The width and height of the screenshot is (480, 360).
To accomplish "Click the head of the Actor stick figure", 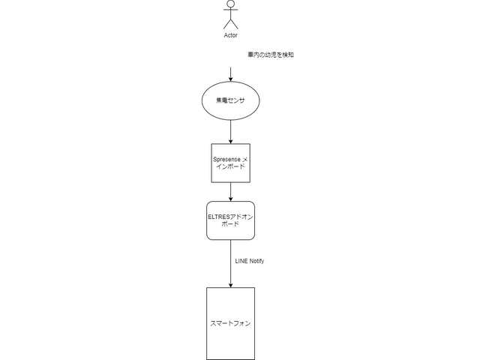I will [230, 5].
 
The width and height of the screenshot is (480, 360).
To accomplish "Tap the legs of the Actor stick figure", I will [230, 24].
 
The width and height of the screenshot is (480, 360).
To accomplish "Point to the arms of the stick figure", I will [230, 13].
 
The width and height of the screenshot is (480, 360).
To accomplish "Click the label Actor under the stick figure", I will [230, 35].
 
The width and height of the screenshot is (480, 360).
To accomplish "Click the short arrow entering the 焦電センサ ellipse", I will [230, 74].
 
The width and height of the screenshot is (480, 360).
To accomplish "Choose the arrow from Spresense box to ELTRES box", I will [230, 192].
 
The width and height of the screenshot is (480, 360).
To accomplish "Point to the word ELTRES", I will [219, 215].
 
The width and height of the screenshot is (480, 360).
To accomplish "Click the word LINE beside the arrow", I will [241, 261].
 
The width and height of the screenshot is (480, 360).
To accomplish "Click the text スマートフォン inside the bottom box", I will [230, 324].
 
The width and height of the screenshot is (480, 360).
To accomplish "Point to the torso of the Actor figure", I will [230, 16].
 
